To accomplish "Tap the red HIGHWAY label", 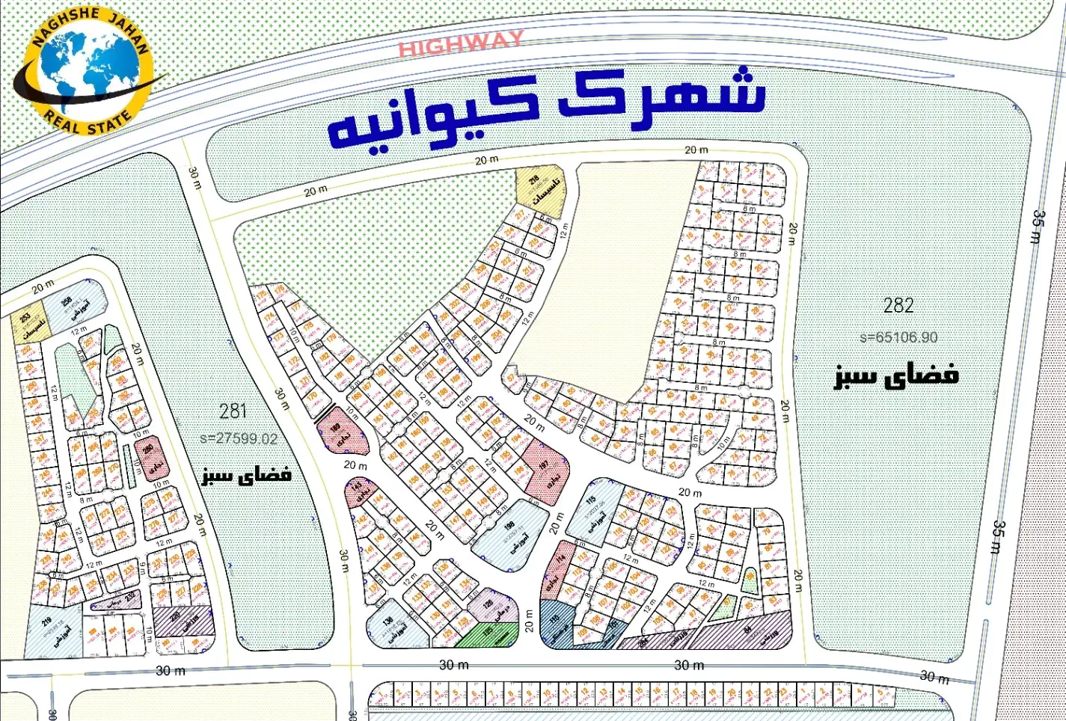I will [x=460, y=44].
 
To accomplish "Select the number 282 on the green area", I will [x=898, y=305].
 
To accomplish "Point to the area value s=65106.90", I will [x=898, y=337].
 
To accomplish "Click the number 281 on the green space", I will [x=233, y=411].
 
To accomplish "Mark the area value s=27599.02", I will [x=239, y=439].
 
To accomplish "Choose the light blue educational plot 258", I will [x=74, y=307].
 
